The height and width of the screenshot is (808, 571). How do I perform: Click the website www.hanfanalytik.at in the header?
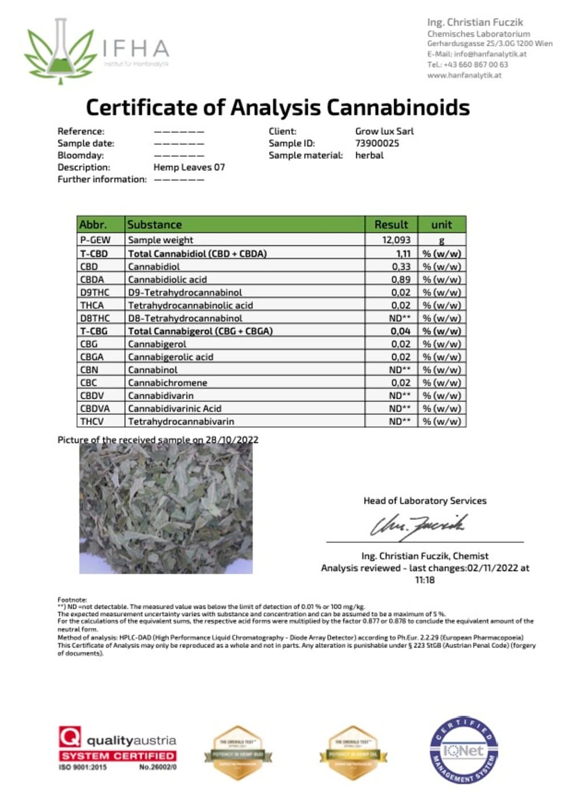coord(464,75)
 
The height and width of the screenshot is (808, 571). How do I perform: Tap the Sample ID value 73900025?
coord(377,143)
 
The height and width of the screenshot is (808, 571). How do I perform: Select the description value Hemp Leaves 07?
coord(189,167)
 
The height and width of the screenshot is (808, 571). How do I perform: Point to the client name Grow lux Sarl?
coord(384,131)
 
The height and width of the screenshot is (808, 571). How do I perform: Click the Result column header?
coord(391,224)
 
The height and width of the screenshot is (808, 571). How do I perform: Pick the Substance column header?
coord(155,224)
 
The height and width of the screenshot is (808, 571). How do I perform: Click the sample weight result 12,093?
coord(396,240)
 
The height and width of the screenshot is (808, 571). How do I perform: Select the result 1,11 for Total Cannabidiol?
coord(403,253)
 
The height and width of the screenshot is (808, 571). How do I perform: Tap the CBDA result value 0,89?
coord(401,280)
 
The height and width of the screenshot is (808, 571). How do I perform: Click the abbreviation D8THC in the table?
coord(95,318)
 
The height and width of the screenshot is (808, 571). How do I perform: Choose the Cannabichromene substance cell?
coord(167,383)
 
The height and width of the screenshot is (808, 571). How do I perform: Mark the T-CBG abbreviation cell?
coord(94,331)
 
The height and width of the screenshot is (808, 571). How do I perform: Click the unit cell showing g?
coord(441,240)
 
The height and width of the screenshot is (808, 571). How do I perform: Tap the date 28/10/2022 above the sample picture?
coord(232,440)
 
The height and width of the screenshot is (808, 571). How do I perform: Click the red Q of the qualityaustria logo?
coord(70,737)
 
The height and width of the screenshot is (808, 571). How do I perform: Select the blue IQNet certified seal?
coord(463,750)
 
